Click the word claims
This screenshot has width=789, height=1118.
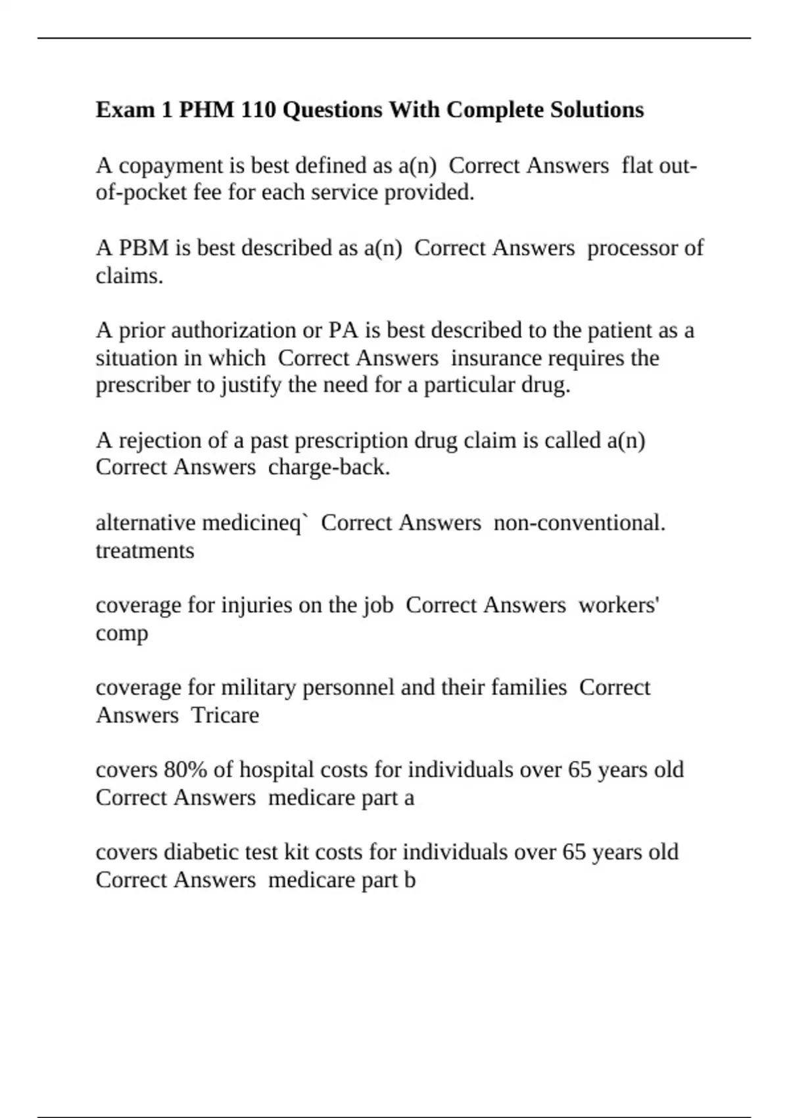coord(129,276)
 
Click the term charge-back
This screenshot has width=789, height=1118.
coord(329,467)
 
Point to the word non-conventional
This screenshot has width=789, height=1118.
coord(579,523)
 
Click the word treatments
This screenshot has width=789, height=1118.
coord(145,550)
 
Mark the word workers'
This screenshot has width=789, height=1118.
coord(619,605)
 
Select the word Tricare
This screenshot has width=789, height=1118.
coord(225,715)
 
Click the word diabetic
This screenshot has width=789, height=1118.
coord(201,852)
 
